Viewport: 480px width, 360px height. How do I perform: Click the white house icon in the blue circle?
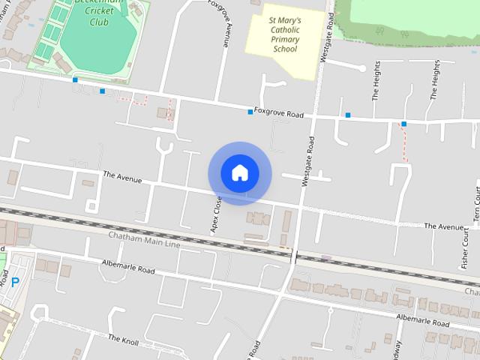240,172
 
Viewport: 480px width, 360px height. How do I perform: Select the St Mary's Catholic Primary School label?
284,34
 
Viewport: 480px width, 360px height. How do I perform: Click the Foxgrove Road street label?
279,114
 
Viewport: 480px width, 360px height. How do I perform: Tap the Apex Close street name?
217,215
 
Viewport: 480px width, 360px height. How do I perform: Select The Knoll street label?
123,339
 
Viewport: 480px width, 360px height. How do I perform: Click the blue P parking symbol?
15,283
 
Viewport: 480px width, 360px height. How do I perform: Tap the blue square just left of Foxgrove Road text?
250,112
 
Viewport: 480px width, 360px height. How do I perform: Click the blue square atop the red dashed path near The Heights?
403,124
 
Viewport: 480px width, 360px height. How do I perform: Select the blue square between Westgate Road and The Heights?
348,115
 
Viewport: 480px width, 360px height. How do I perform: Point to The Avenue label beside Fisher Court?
444,226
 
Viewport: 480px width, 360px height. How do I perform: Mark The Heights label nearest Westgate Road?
376,80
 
